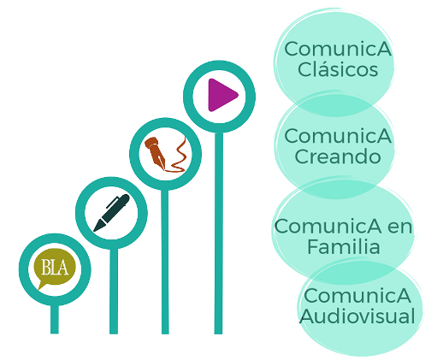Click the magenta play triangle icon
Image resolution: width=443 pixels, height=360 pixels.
point(221,95)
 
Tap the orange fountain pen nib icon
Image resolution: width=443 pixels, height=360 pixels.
point(155,152)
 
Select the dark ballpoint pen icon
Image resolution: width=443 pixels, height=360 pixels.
point(111,213)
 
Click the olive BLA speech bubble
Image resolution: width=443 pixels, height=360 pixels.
point(55,269)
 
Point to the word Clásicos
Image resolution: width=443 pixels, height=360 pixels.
point(338,69)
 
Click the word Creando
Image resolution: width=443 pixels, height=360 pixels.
point(338,156)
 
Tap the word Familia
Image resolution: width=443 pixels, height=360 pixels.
point(344,246)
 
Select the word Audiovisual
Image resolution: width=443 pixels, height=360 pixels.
point(357,316)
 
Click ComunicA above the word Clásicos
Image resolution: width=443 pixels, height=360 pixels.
point(338,49)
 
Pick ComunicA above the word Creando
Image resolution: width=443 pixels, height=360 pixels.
point(338,136)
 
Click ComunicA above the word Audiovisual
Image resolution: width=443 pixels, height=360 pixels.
point(357,296)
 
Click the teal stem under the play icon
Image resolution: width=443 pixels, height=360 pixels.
point(218,233)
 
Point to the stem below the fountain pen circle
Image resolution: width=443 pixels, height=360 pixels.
point(165,262)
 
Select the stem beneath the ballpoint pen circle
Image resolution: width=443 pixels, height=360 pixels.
point(114,291)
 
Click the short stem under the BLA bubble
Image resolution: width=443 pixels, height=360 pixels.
point(55,319)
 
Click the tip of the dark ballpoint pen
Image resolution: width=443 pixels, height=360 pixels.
point(94,231)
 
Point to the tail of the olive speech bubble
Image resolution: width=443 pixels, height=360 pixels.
point(42,286)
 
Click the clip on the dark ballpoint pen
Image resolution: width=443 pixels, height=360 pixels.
point(112,202)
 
